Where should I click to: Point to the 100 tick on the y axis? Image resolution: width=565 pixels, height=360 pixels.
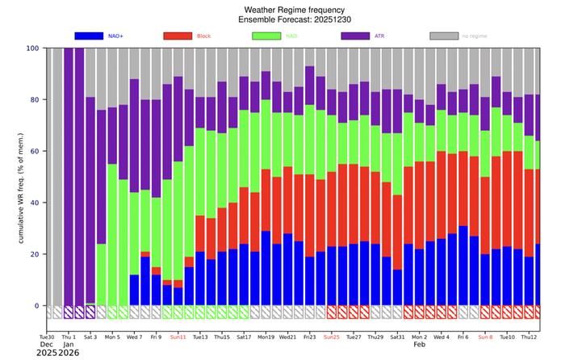click(x=33, y=48)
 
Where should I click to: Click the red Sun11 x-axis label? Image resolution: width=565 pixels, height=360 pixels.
click(x=178, y=337)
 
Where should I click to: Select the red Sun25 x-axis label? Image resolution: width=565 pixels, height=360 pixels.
click(x=331, y=337)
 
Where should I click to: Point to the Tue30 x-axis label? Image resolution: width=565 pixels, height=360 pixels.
click(x=47, y=337)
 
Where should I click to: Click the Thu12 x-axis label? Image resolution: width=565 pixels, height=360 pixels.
click(x=529, y=337)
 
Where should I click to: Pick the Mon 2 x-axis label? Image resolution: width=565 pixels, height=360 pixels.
click(x=419, y=337)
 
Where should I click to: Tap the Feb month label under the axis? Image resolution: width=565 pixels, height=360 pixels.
click(x=419, y=345)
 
